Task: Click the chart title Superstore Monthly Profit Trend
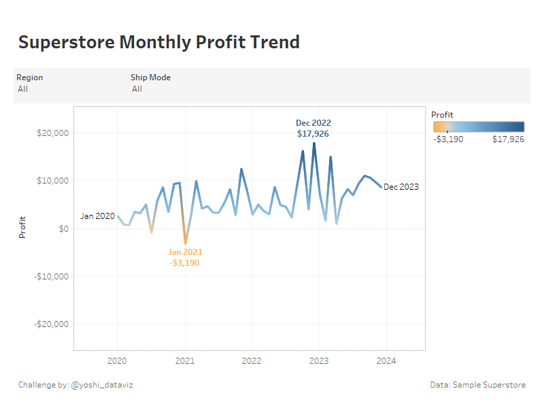(158, 42)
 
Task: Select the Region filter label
(29, 78)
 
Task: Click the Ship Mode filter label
(150, 78)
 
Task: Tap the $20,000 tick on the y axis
(52, 133)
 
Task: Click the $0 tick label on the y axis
(62, 229)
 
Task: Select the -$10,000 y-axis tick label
(51, 277)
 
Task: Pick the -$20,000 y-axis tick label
(51, 324)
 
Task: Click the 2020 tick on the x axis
(118, 361)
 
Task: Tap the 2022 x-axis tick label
(252, 361)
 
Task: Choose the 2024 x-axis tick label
(386, 361)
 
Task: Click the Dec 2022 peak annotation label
(313, 129)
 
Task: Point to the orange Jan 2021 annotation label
(185, 257)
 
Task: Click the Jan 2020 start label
(97, 216)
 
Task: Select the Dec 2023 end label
(401, 187)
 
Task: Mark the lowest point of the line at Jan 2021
(185, 243)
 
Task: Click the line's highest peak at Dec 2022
(314, 143)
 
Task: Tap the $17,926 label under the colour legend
(508, 139)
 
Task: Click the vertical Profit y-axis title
(22, 227)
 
